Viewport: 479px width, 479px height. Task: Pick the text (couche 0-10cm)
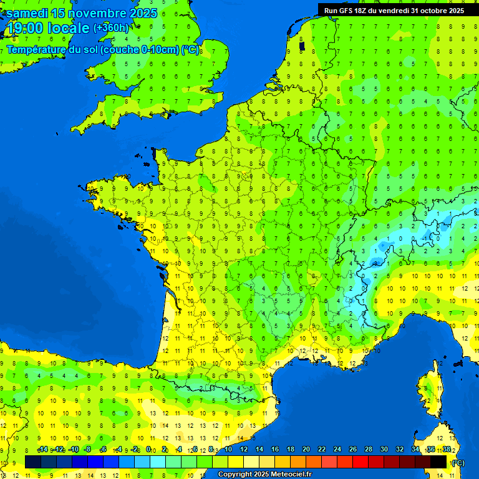[x=140, y=49]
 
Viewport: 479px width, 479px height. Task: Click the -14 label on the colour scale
[x=43, y=449]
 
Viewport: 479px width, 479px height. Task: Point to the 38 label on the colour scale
[x=446, y=449]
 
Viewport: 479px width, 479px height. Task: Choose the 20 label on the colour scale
[x=306, y=449]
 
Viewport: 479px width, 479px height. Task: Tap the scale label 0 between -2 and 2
[x=148, y=449]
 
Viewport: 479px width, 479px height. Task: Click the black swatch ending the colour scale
[x=439, y=462]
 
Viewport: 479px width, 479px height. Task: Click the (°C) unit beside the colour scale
[x=458, y=462]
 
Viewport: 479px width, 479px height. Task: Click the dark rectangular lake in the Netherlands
[x=302, y=46]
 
